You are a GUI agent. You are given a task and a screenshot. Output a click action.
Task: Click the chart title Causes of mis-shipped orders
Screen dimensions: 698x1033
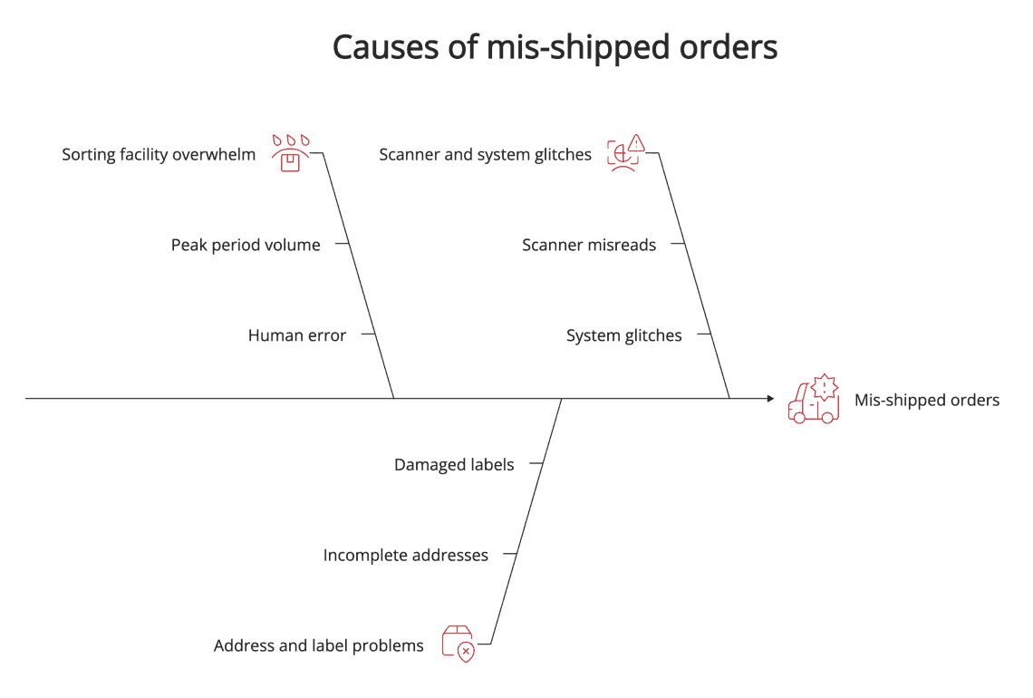555,47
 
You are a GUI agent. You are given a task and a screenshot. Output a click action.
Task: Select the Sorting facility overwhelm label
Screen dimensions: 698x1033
159,155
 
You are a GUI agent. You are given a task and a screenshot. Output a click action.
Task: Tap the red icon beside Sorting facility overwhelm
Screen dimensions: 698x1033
290,154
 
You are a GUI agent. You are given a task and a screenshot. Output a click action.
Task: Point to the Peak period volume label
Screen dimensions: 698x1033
246,245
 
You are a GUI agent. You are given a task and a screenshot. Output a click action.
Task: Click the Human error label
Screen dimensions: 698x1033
297,335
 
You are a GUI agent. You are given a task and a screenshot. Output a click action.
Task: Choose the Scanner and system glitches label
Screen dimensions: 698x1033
485,155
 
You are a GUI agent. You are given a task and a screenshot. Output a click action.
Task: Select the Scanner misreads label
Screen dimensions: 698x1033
589,245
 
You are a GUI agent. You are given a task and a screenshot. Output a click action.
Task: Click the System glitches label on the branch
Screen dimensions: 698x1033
623,335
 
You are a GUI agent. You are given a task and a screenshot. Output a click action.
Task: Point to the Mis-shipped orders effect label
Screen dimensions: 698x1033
927,400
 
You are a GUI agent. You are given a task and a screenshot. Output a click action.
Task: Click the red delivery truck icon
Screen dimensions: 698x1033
813,401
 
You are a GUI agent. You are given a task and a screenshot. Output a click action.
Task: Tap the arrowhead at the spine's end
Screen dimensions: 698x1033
769,398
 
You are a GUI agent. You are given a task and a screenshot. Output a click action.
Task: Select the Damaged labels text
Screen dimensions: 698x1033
454,464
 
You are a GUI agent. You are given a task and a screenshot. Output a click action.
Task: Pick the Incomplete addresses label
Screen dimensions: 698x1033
405,555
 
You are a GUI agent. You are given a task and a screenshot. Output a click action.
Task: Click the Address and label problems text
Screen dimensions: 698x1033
318,645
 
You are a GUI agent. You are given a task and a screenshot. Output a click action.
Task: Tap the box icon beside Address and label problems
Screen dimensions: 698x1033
458,644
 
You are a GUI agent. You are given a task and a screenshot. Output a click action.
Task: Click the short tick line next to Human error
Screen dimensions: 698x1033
368,334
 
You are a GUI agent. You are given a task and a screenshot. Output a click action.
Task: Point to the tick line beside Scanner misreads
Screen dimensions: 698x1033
678,244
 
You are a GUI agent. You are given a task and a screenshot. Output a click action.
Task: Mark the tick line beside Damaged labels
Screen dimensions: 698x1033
536,463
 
